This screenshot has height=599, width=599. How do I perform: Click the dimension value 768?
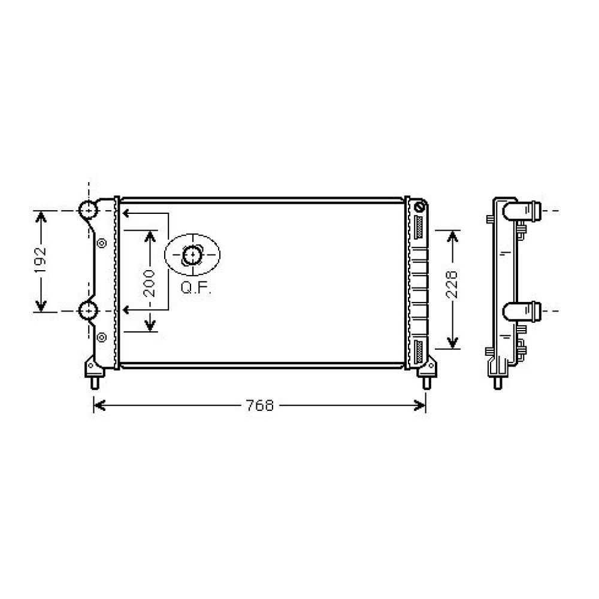click(x=260, y=406)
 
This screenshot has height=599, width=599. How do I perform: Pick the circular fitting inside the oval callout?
click(x=192, y=256)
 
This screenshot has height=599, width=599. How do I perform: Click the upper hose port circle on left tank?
click(x=87, y=210)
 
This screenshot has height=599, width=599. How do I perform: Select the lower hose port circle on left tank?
click(x=87, y=311)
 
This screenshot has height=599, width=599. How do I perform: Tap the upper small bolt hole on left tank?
click(x=101, y=243)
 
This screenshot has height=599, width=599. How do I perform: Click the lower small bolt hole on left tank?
click(x=101, y=337)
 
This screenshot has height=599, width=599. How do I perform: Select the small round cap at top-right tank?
click(x=419, y=208)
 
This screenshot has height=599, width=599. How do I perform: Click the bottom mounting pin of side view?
click(x=497, y=381)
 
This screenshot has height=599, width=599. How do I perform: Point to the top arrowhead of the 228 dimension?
click(x=453, y=234)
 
